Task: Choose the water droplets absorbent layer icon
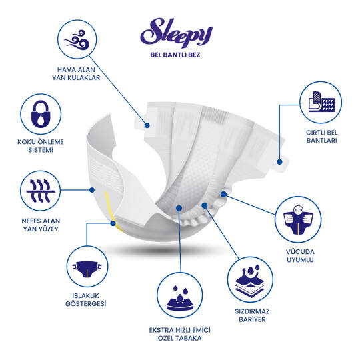[179, 299]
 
